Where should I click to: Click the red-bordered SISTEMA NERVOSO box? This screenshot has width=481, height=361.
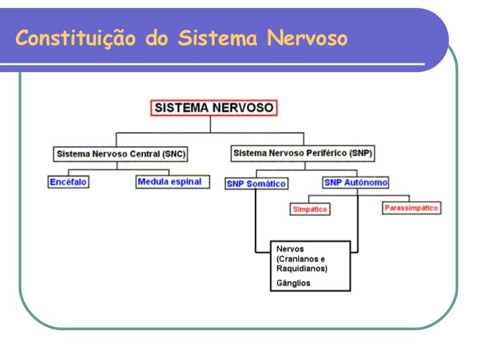214,107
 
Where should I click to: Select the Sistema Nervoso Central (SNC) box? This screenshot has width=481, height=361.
120,154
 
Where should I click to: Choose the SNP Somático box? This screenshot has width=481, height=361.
256,184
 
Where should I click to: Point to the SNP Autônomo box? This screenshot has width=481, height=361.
355,182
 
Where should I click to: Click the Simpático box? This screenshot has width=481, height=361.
310,209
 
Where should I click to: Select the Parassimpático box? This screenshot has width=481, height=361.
411,208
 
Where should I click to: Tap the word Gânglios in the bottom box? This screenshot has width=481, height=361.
293,283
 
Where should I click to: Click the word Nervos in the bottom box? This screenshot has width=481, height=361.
290,249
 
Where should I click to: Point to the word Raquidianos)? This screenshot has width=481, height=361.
301,269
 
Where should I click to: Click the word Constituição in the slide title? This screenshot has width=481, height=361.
77,40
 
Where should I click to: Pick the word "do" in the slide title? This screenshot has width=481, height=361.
157,40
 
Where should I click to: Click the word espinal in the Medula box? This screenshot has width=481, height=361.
187,182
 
